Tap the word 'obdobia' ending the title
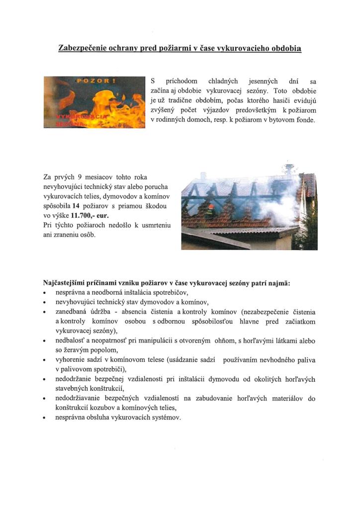(x=284, y=49)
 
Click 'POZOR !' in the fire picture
(x=94, y=81)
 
